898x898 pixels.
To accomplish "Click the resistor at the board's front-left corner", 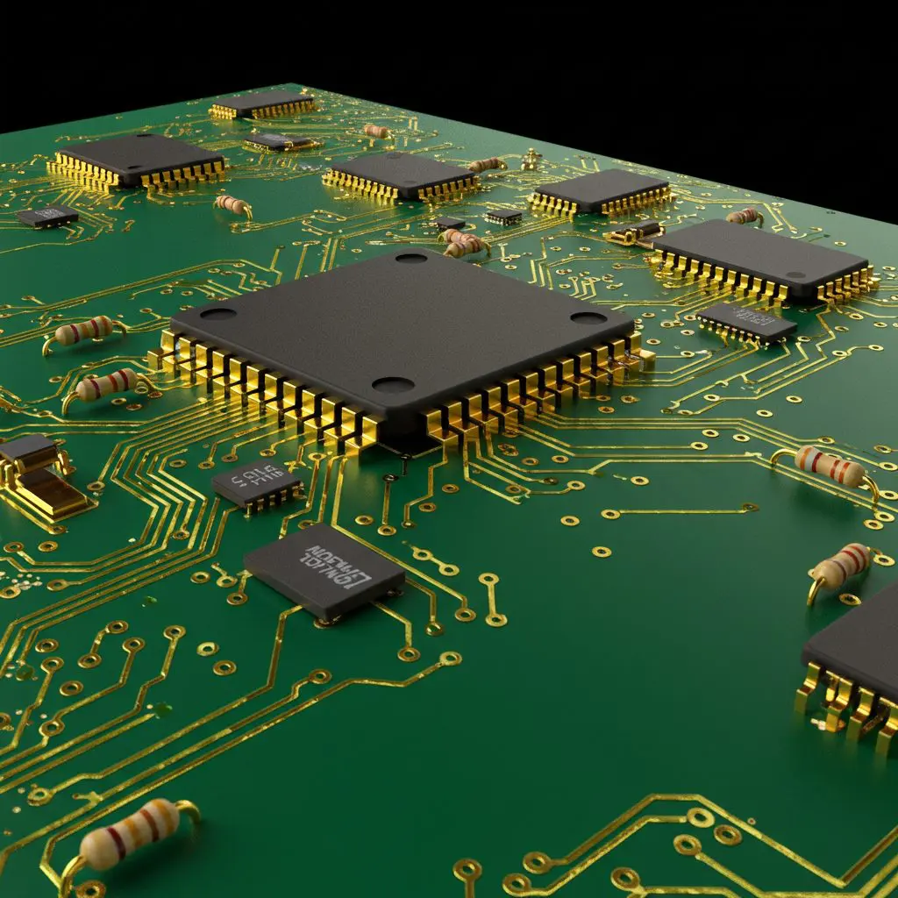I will click(x=130, y=832).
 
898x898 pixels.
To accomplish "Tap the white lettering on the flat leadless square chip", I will click(x=337, y=566).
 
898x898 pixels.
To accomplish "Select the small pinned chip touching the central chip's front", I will click(x=257, y=482).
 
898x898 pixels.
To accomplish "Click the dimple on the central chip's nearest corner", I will click(x=393, y=384).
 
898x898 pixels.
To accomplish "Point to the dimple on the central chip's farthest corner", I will click(x=410, y=257).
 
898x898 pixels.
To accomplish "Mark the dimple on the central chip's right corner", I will click(x=588, y=317).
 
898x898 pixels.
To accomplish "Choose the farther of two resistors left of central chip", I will click(x=84, y=331).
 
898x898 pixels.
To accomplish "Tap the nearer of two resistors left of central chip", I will click(x=105, y=384).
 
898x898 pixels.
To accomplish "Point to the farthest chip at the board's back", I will click(x=263, y=103).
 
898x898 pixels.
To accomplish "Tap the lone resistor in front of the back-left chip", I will click(x=232, y=204).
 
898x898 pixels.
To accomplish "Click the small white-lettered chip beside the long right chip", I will click(x=747, y=322).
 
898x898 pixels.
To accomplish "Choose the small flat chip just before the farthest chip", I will click(x=279, y=141).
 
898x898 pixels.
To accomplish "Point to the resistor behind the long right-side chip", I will click(x=745, y=215).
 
